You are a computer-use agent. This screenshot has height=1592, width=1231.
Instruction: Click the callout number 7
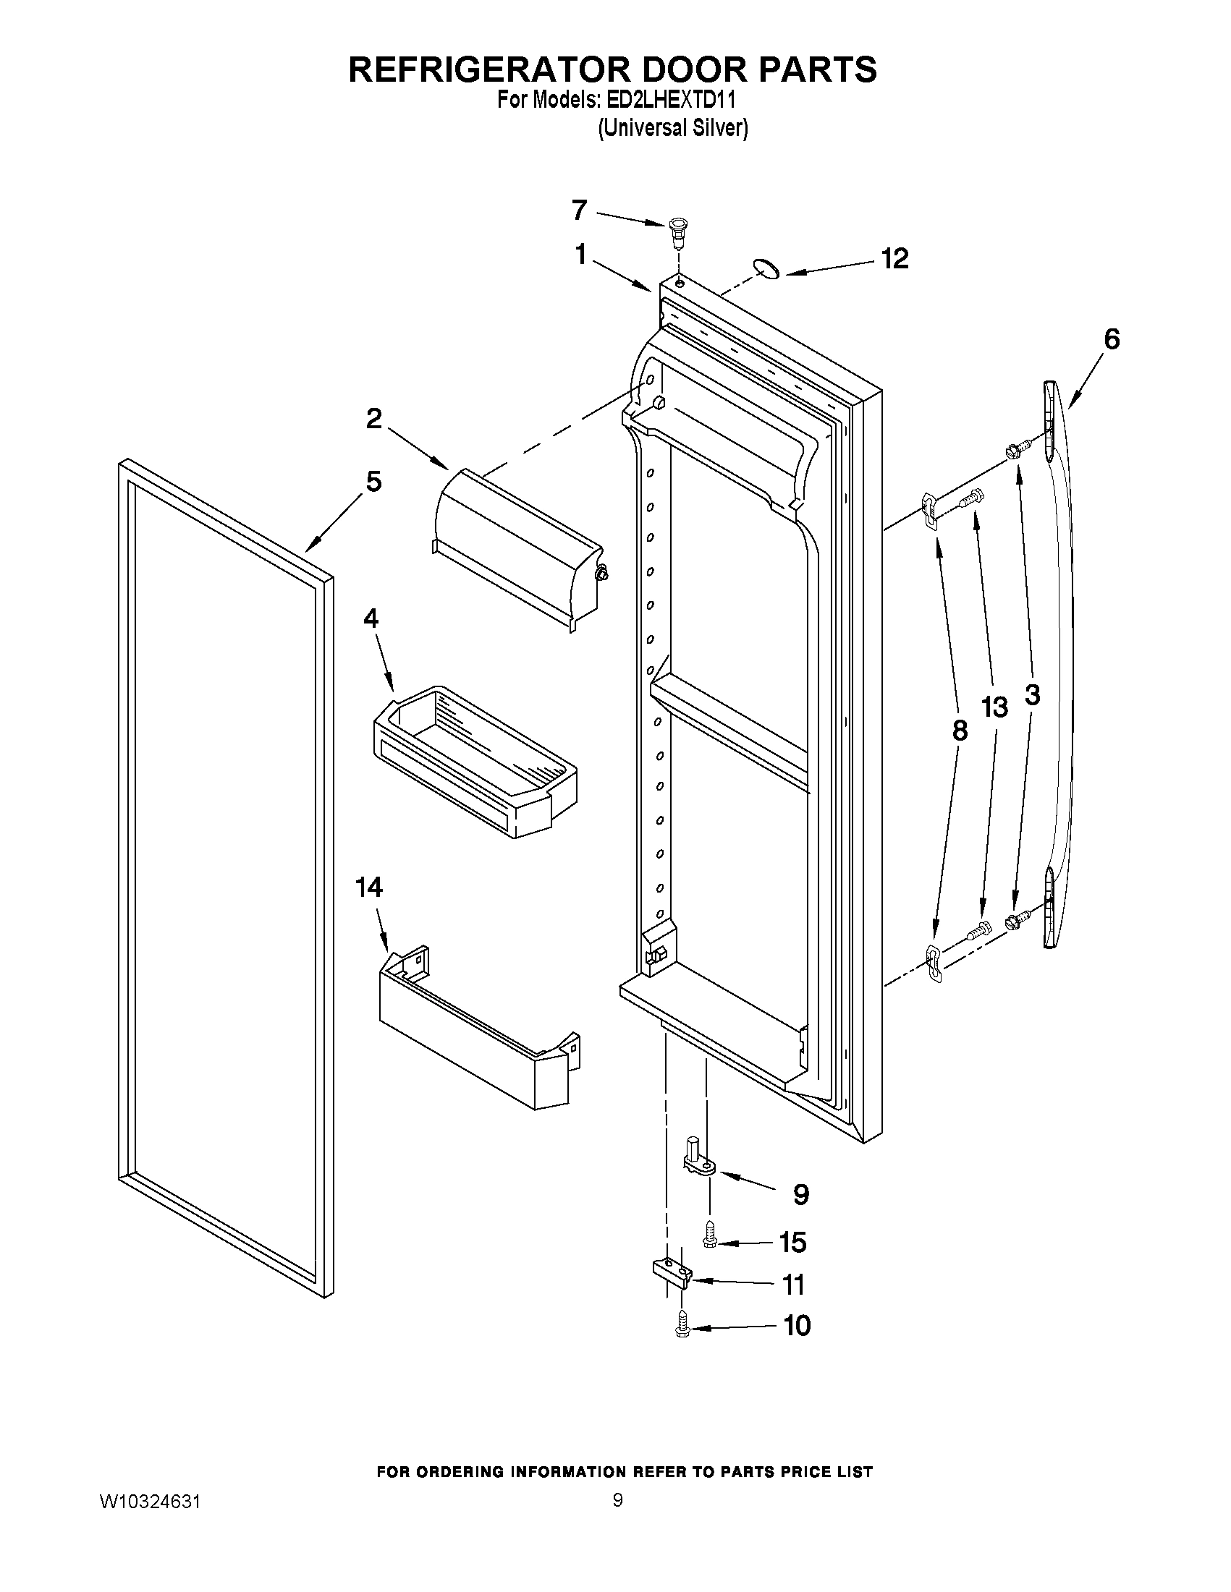click(x=579, y=210)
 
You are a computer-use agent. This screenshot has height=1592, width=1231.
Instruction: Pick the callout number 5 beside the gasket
click(x=373, y=482)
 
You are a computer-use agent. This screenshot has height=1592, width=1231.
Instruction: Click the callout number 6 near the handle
click(x=1112, y=339)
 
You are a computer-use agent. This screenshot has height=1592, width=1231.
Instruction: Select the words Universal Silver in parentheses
click(x=672, y=128)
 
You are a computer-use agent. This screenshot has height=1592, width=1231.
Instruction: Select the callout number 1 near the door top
click(x=581, y=255)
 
